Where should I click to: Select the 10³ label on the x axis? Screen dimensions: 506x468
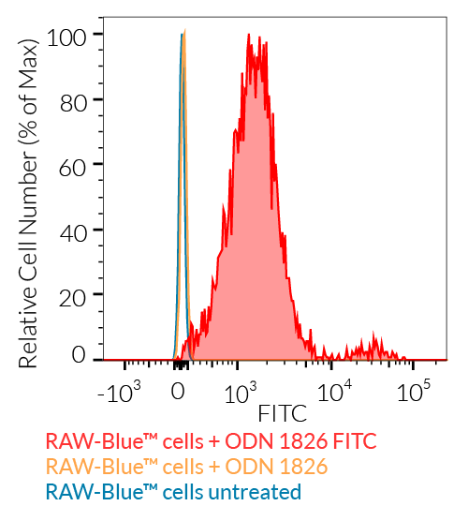click(241, 389)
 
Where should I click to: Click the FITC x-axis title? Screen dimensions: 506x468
click(282, 411)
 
